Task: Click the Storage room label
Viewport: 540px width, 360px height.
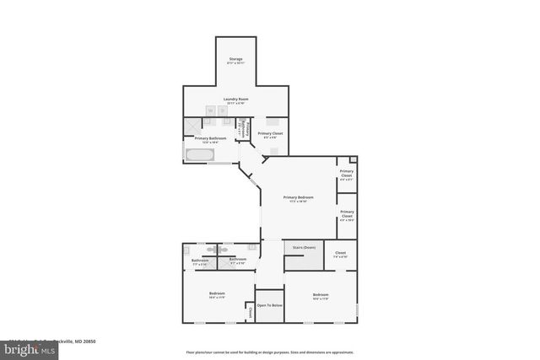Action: coord(235,61)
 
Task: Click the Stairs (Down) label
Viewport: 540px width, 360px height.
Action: coord(304,247)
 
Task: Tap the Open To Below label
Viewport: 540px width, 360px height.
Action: coord(269,305)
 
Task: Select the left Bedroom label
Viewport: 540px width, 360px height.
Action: coord(217,294)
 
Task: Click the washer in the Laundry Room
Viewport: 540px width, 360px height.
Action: coord(211,110)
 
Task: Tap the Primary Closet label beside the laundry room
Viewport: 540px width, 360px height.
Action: coord(270,134)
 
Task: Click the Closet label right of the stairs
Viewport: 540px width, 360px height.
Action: coord(341,254)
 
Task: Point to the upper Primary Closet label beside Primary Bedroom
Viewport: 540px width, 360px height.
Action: coord(347,175)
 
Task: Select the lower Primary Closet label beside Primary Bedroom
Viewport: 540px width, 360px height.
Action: coord(347,214)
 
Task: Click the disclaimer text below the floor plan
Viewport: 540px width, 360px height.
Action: coord(270,352)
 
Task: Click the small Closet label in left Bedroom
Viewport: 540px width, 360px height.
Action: coord(251,312)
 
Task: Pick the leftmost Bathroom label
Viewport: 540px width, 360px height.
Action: coord(200,261)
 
